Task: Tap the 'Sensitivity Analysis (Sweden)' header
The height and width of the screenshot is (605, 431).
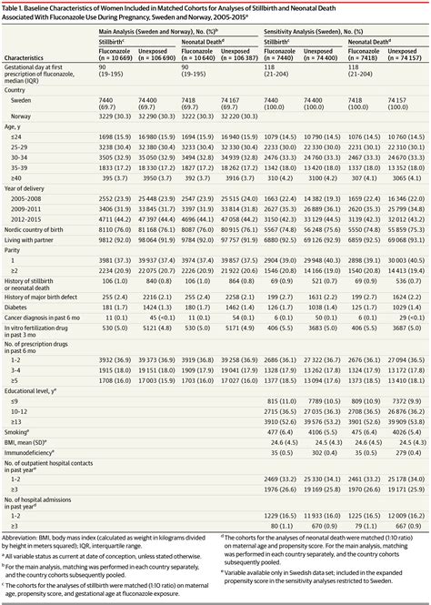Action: coord(310,32)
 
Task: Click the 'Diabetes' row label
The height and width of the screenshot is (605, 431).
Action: coord(20,308)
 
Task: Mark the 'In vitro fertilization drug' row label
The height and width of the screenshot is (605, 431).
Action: coord(44,330)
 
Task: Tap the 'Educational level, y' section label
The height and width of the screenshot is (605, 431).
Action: coord(35,388)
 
